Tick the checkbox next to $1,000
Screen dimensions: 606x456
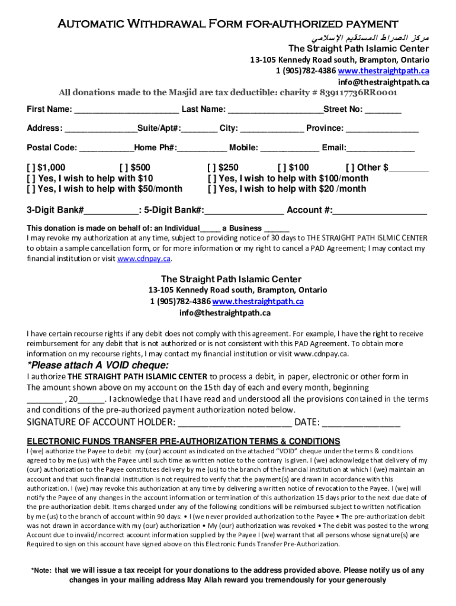pyautogui.click(x=31, y=167)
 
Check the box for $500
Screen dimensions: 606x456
pyautogui.click(x=123, y=167)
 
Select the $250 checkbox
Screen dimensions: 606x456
pyautogui.click(x=211, y=167)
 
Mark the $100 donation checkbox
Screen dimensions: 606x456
pyautogui.click(x=282, y=167)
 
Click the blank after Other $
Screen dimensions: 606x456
pyautogui.click(x=409, y=169)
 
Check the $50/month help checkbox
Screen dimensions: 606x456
pyautogui.click(x=31, y=189)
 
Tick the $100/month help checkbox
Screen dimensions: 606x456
pyautogui.click(x=211, y=178)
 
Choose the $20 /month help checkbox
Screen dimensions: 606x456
pyautogui.click(x=211, y=189)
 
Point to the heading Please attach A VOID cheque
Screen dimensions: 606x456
pyautogui.click(x=98, y=365)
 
